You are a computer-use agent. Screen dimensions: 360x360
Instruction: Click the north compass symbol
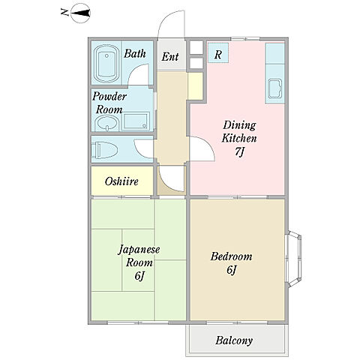(x=80, y=13)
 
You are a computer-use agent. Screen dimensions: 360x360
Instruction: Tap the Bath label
(x=135, y=53)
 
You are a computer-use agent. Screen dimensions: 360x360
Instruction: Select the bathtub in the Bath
(x=106, y=63)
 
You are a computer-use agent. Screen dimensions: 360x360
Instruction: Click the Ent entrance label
(x=170, y=56)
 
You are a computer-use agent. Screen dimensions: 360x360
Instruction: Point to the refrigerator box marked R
(x=218, y=53)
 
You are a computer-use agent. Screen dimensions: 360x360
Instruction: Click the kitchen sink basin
(x=275, y=88)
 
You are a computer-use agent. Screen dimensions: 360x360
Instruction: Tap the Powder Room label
(x=109, y=103)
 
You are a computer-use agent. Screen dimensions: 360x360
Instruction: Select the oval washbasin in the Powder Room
(x=108, y=123)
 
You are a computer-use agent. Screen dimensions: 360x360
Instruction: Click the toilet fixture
(x=104, y=150)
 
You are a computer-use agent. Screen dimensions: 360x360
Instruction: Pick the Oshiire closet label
(x=121, y=181)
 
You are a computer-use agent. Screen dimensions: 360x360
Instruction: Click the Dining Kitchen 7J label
(x=239, y=138)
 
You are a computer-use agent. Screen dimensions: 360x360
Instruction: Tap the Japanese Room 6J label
(x=139, y=262)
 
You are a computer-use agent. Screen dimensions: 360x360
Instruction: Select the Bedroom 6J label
(x=231, y=263)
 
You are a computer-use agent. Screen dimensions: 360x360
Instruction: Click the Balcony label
(x=234, y=340)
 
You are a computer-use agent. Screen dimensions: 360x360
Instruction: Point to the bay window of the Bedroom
(x=294, y=259)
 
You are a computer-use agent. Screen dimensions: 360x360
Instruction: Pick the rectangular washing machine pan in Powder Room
(x=136, y=121)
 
